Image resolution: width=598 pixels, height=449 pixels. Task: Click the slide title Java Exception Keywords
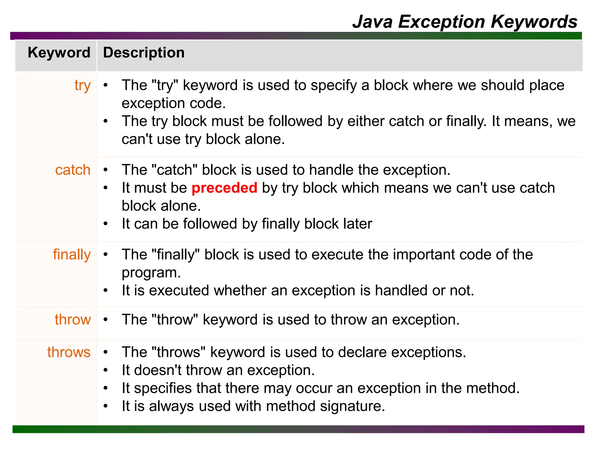(x=465, y=22)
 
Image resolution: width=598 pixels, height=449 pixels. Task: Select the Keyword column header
(x=59, y=53)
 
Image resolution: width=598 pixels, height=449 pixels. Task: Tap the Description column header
(x=144, y=53)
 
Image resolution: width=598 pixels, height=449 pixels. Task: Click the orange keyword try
(x=82, y=86)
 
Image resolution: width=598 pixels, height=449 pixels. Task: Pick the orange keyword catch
(x=73, y=170)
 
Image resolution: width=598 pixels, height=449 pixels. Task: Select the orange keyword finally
(x=72, y=255)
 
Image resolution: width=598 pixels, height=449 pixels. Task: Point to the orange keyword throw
(x=73, y=320)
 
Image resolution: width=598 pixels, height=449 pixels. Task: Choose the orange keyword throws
(x=69, y=352)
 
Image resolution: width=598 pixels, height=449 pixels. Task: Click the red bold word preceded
(x=224, y=188)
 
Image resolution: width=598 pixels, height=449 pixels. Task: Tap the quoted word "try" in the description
(x=165, y=86)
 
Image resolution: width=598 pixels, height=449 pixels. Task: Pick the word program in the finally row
(x=151, y=273)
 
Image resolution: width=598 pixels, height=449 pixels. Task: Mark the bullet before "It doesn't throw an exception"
(x=106, y=370)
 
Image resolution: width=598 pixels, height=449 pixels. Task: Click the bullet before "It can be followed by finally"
(x=106, y=224)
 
